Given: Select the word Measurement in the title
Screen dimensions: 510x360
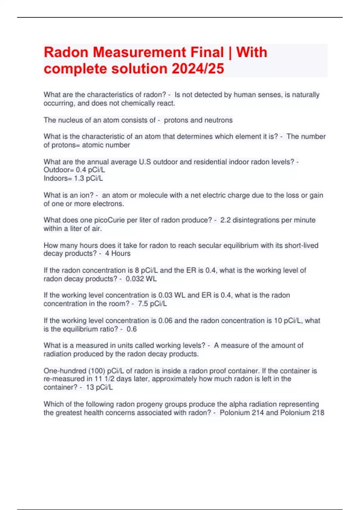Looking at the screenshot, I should point(158,52).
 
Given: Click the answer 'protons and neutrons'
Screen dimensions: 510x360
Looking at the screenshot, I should point(198,120).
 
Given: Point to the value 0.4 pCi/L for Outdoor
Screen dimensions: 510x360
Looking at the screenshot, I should point(90,170).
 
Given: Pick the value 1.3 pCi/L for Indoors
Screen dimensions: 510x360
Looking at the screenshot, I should point(88,178).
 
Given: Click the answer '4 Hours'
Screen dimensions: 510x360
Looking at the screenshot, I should point(118,253).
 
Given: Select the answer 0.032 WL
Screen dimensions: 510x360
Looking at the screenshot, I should point(141,279).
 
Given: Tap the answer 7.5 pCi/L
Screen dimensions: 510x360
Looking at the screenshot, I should point(152,304).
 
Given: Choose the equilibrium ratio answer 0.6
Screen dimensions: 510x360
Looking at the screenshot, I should point(131,329).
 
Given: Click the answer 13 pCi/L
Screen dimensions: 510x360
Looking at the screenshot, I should point(99,387).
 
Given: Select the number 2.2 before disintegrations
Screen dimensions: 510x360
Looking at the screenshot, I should point(225,220).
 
